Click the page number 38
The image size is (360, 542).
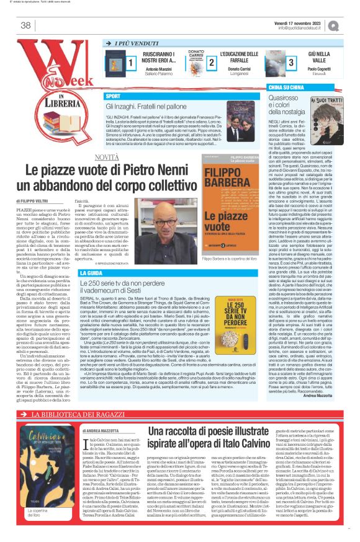[25, 25]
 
